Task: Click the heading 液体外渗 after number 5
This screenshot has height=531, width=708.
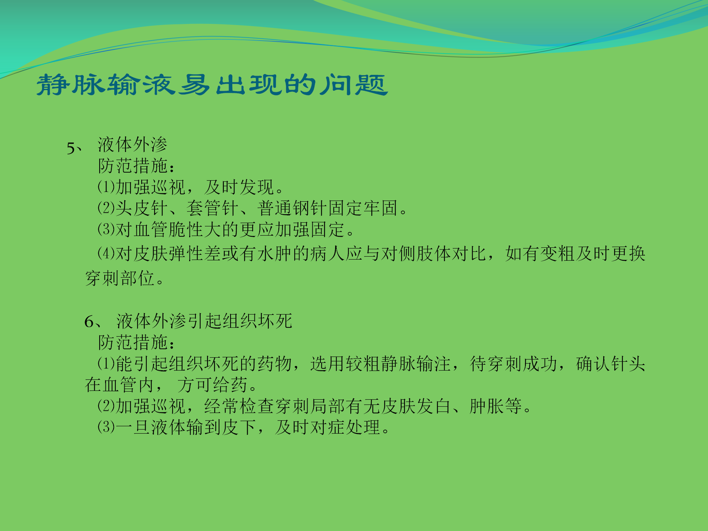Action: click(x=132, y=144)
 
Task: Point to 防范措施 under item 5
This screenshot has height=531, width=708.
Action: click(x=133, y=166)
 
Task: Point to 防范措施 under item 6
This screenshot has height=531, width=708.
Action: click(x=133, y=343)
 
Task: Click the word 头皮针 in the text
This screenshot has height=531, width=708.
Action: click(x=142, y=208)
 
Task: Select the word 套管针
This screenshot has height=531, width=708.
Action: click(x=213, y=208)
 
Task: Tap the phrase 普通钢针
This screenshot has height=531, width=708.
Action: click(x=292, y=208)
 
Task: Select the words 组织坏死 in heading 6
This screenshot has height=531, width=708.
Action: click(x=257, y=321)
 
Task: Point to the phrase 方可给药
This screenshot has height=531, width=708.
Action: click(x=212, y=385)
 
